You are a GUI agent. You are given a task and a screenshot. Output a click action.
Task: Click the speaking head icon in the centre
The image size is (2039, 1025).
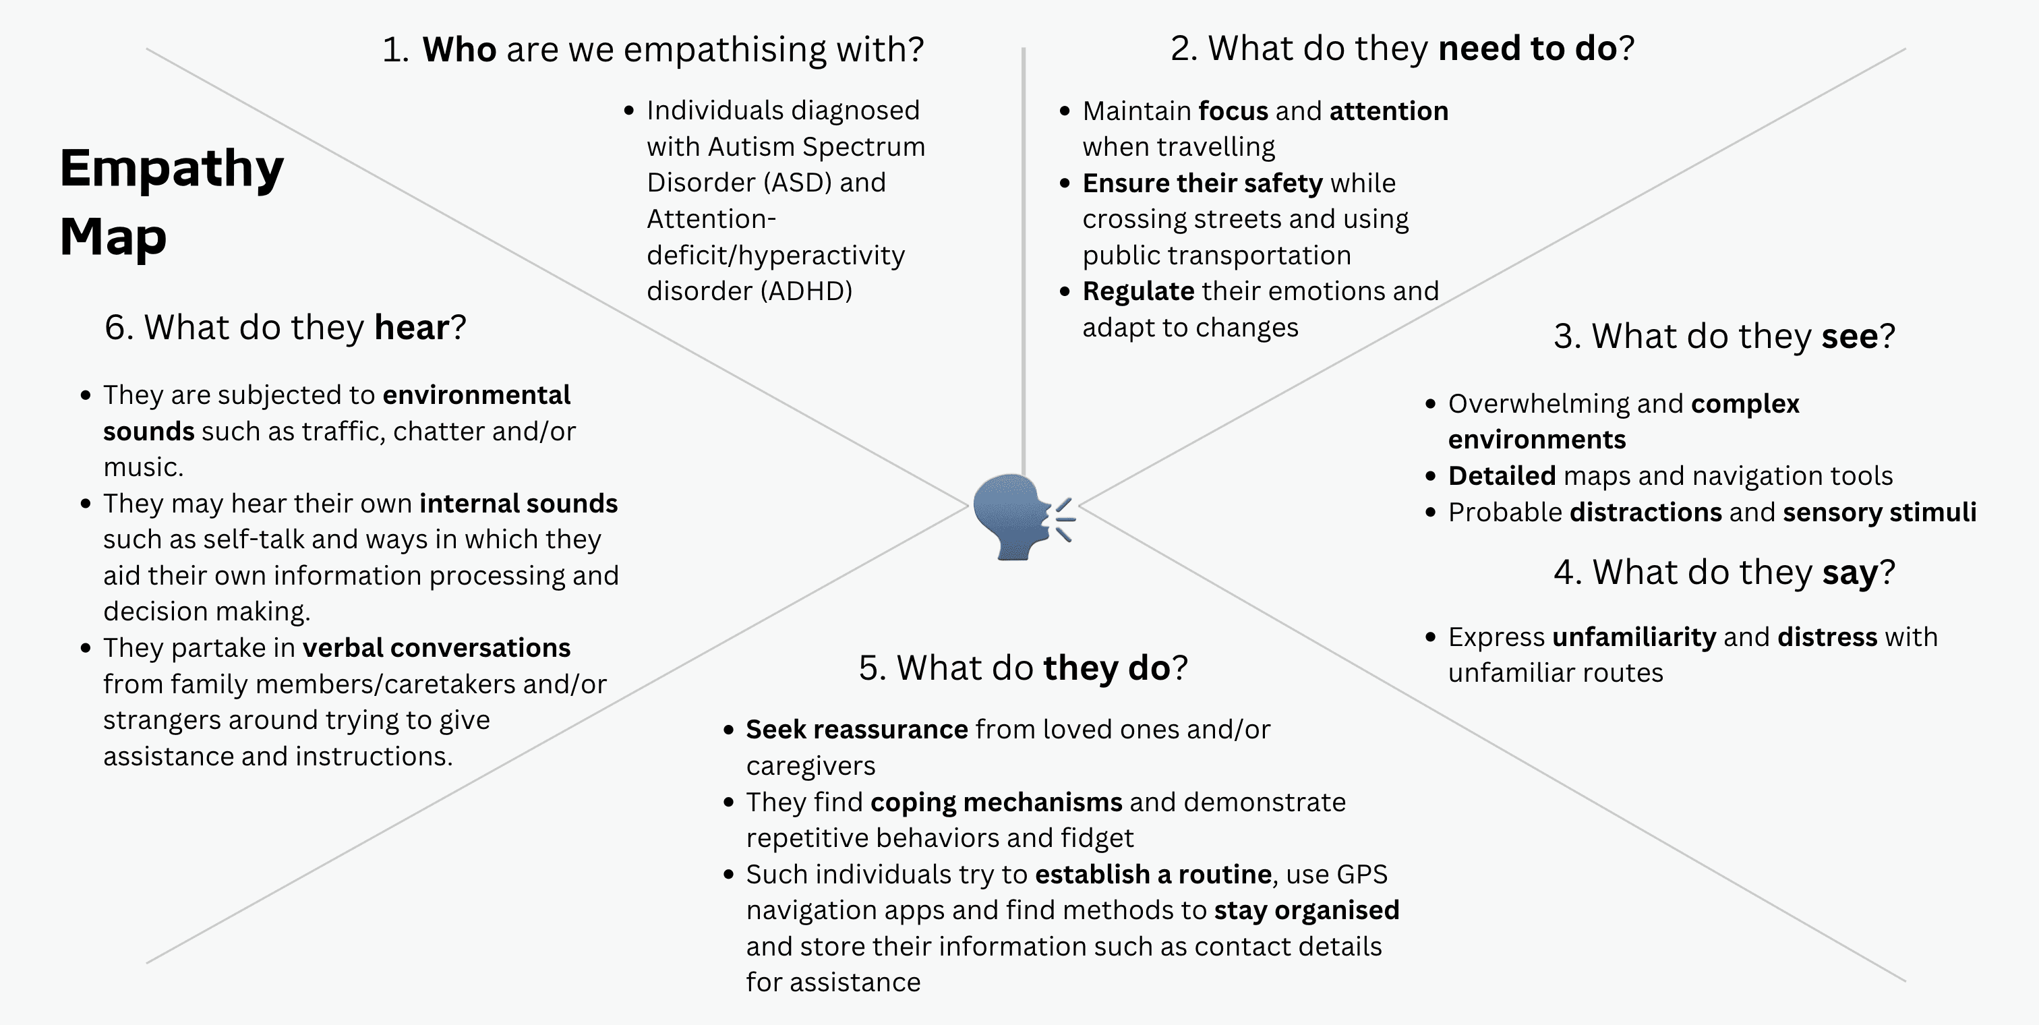(x=1021, y=517)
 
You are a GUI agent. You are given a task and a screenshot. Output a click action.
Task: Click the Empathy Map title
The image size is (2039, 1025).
(x=171, y=202)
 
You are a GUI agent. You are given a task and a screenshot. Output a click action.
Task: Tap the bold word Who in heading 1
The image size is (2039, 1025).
(x=459, y=50)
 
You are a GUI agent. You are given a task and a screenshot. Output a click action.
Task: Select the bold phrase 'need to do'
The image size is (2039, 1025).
(x=1527, y=49)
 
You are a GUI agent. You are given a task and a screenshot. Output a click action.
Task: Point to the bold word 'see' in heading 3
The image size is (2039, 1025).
(x=1849, y=336)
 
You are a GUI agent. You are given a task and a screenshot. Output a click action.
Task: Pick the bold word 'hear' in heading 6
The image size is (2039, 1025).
(x=411, y=328)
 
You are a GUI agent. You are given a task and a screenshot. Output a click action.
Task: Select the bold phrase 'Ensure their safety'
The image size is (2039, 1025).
(x=1202, y=183)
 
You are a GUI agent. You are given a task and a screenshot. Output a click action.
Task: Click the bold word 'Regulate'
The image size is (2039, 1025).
(x=1138, y=291)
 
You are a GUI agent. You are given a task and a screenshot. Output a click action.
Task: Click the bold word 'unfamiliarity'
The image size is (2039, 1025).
(x=1634, y=637)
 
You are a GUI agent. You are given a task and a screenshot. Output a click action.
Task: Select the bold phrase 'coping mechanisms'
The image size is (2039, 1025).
(x=996, y=802)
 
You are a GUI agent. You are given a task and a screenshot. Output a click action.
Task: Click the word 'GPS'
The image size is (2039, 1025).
(x=1361, y=875)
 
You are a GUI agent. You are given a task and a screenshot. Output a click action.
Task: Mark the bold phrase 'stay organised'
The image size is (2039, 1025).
(x=1306, y=910)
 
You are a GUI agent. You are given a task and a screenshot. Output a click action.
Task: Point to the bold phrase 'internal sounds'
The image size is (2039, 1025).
(x=519, y=504)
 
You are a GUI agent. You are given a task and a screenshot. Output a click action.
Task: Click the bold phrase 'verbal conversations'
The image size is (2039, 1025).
(x=436, y=648)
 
